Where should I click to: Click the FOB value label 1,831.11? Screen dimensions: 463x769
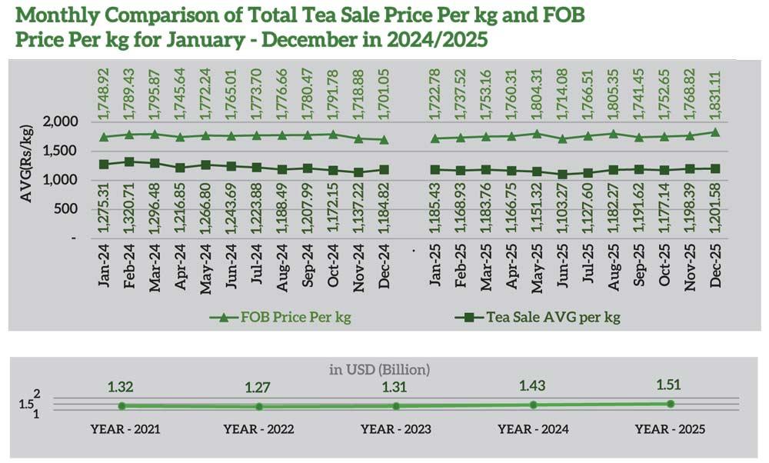(715, 95)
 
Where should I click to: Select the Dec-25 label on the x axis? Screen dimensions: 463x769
(715, 269)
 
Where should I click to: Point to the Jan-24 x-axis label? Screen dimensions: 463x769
(104, 269)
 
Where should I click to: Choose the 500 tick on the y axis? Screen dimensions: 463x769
(65, 209)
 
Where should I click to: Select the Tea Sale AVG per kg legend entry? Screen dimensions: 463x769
(552, 316)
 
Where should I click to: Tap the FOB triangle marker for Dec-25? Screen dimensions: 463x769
(715, 132)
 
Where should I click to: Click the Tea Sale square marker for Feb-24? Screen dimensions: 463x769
(129, 162)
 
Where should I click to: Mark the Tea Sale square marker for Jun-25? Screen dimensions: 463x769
(563, 175)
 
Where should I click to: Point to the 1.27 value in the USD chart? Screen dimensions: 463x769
(258, 388)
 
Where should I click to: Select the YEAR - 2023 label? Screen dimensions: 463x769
(395, 429)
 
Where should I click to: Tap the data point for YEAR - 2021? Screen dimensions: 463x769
(122, 406)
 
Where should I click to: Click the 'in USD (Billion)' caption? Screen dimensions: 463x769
(380, 370)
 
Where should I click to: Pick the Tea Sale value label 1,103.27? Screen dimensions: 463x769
(563, 212)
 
